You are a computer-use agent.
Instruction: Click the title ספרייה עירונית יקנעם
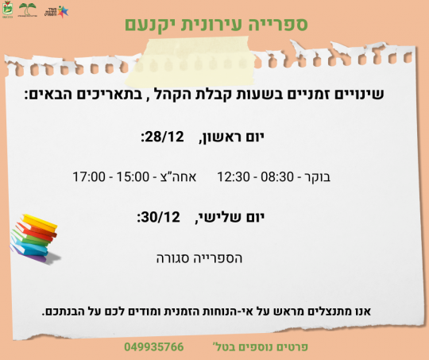click(x=214, y=23)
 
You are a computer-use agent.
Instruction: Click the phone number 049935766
click(x=154, y=347)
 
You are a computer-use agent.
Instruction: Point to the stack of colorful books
click(x=37, y=235)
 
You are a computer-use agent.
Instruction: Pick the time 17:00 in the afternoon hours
click(x=89, y=176)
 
